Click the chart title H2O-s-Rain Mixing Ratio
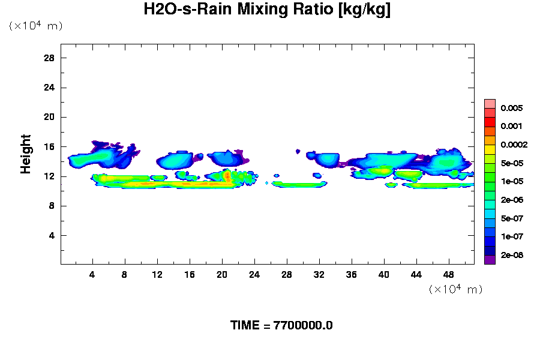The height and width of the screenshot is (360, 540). tap(267, 10)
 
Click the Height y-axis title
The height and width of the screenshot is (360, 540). tap(26, 161)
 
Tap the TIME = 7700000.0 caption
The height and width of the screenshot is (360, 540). tap(281, 325)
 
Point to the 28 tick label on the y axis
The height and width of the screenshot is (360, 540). tap(49, 58)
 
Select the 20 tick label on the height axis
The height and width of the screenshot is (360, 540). tap(49, 117)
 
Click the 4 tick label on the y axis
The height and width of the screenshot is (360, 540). tap(52, 235)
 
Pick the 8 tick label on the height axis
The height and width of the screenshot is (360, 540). tap(52, 206)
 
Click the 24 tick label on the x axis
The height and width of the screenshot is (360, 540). tap(254, 274)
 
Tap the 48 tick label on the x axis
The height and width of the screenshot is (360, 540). tap(449, 274)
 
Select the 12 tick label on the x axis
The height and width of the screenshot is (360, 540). tap(157, 274)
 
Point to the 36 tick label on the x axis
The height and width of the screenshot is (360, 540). tap(352, 274)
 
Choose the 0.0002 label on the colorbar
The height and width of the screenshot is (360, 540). tap(515, 145)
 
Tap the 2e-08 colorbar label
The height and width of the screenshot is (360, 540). tap(513, 255)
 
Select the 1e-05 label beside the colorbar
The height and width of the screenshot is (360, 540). tap(513, 181)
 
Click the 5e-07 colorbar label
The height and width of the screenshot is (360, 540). tap(513, 218)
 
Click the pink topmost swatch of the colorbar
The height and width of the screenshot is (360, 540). tap(490, 103)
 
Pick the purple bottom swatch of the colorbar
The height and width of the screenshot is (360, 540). tap(490, 260)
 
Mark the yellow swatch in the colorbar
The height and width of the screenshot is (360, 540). tap(490, 149)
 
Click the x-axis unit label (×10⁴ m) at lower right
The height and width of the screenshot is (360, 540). tap(455, 289)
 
